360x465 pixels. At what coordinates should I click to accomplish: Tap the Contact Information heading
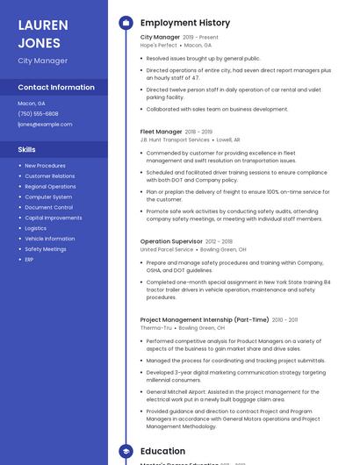(56, 88)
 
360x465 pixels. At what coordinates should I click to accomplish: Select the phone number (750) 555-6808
(38, 114)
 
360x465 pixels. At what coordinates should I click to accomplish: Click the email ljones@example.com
(45, 125)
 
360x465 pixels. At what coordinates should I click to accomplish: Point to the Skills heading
(26, 150)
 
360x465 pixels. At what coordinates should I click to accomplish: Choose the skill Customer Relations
(50, 176)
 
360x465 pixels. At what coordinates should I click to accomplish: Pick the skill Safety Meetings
(46, 249)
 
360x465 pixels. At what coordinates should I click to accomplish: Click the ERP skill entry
(29, 260)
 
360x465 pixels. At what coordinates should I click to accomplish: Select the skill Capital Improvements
(54, 218)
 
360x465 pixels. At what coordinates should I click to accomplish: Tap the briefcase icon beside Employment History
(126, 23)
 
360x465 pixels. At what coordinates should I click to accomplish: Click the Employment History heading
(185, 23)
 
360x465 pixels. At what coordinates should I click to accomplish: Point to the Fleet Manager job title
(162, 132)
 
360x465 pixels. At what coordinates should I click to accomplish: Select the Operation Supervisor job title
(171, 241)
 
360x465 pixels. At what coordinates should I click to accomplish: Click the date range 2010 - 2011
(284, 320)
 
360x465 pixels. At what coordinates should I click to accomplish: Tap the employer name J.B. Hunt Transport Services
(175, 140)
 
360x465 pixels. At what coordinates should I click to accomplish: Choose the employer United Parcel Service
(167, 250)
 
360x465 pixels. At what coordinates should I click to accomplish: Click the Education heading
(162, 452)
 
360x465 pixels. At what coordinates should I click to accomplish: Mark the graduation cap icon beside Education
(126, 452)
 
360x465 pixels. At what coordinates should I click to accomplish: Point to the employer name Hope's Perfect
(158, 46)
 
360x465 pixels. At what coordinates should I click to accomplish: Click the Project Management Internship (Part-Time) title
(205, 320)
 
